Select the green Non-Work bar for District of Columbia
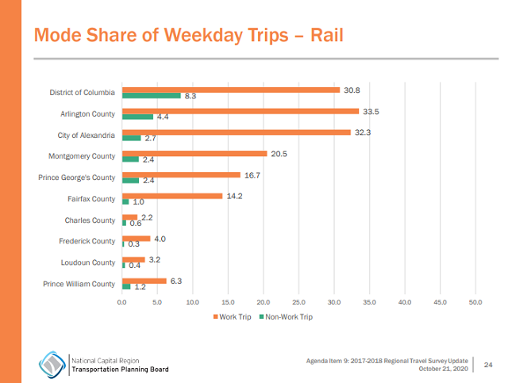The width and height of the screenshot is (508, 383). click(151, 95)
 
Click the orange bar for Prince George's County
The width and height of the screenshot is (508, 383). click(181, 174)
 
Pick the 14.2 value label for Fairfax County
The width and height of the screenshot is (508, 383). click(234, 196)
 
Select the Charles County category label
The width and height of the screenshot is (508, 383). click(90, 220)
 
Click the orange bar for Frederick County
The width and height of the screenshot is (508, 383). click(136, 238)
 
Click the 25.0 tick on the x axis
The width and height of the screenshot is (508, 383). click(298, 302)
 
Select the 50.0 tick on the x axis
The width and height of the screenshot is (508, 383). click(475, 302)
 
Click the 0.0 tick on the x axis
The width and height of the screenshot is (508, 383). click(122, 302)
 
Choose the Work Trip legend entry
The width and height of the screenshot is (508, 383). click(233, 317)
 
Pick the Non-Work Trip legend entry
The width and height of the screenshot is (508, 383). click(285, 317)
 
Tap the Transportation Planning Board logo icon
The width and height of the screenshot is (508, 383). click(53, 363)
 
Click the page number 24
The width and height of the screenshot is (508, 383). click(488, 364)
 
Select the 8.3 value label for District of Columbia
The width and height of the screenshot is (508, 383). click(190, 96)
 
